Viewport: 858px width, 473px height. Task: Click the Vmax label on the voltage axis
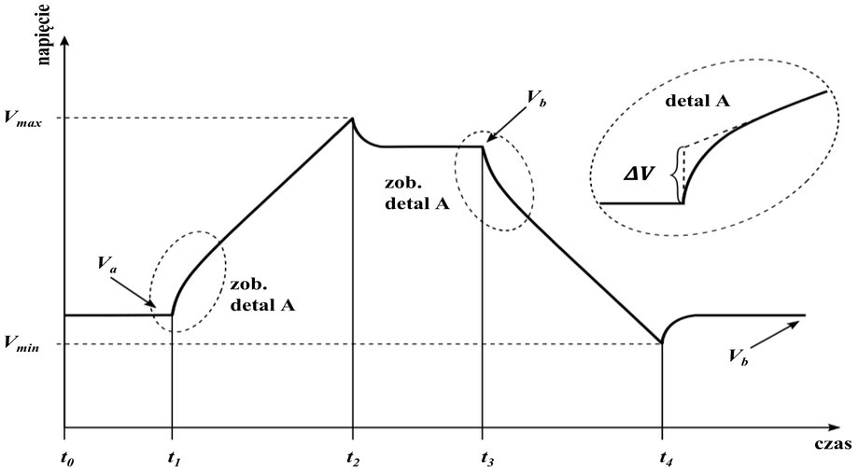point(22,118)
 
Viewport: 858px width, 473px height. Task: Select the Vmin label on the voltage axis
point(21,344)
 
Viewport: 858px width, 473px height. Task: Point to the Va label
point(106,264)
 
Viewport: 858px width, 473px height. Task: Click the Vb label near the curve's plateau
point(536,99)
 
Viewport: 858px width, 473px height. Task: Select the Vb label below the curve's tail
point(738,357)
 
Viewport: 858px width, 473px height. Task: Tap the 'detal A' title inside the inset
point(697,101)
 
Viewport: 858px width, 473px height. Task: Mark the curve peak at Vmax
point(352,118)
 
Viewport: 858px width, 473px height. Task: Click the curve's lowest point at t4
point(662,343)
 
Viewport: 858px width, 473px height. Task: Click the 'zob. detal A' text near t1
point(262,296)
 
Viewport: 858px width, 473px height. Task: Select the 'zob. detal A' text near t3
point(417,194)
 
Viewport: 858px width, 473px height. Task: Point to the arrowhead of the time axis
point(834,427)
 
